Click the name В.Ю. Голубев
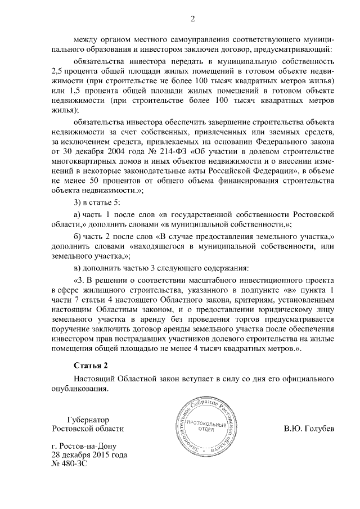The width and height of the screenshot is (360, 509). point(309,428)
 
